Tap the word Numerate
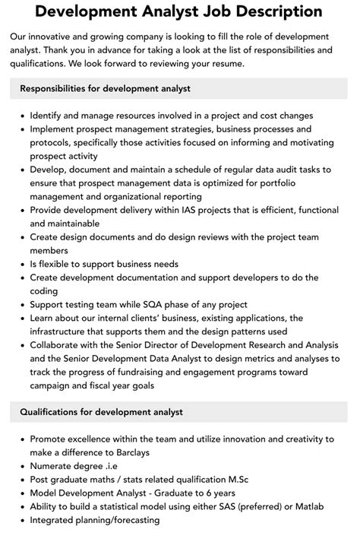[x=54, y=466]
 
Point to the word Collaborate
[x=59, y=345]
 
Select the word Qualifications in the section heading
[x=52, y=412]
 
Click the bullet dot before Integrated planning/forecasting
[x=21, y=520]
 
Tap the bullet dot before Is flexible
[x=21, y=264]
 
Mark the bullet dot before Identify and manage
[x=21, y=116]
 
